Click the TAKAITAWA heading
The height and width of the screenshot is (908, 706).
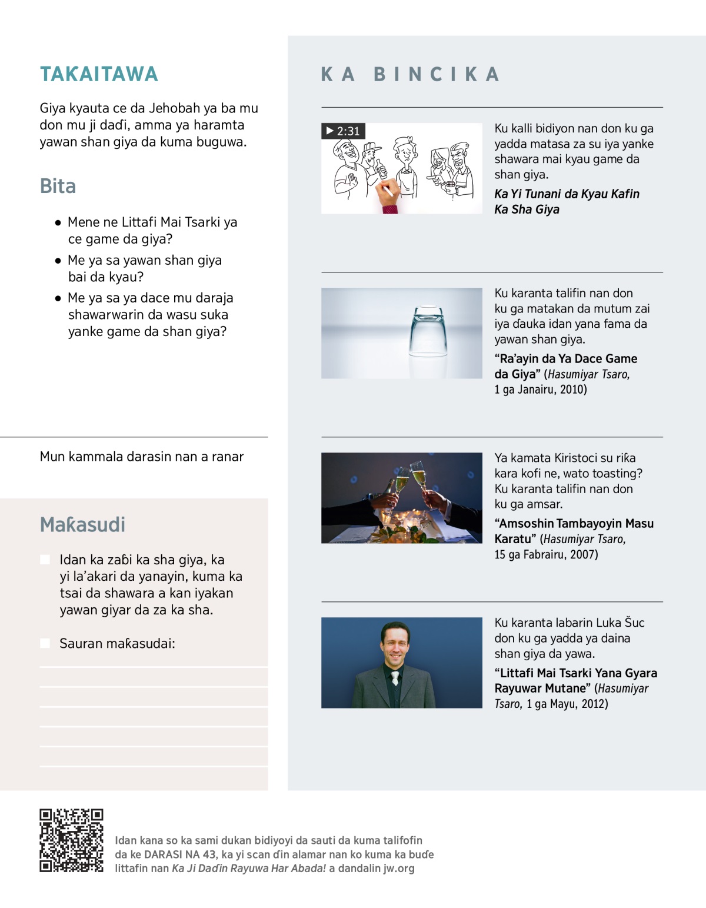tap(99, 74)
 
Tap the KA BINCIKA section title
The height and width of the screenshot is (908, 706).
tap(410, 74)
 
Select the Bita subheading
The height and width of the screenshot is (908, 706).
tap(58, 186)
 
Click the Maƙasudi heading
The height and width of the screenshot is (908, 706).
tap(82, 524)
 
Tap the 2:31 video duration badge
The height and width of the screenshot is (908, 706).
tap(343, 131)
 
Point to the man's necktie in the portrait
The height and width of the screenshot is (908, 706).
tap(395, 678)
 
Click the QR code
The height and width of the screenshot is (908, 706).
tap(71, 840)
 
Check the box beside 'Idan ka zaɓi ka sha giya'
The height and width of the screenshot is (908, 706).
tap(45, 560)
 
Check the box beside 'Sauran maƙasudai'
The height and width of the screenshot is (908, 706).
tap(45, 643)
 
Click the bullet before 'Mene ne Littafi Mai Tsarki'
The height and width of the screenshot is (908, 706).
tap(58, 222)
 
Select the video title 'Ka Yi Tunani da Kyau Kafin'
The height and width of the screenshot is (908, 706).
tap(567, 194)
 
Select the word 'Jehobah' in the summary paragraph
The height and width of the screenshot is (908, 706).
tap(174, 108)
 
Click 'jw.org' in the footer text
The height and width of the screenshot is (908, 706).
tap(399, 868)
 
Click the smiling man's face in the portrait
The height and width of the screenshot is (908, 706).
tap(395, 644)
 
